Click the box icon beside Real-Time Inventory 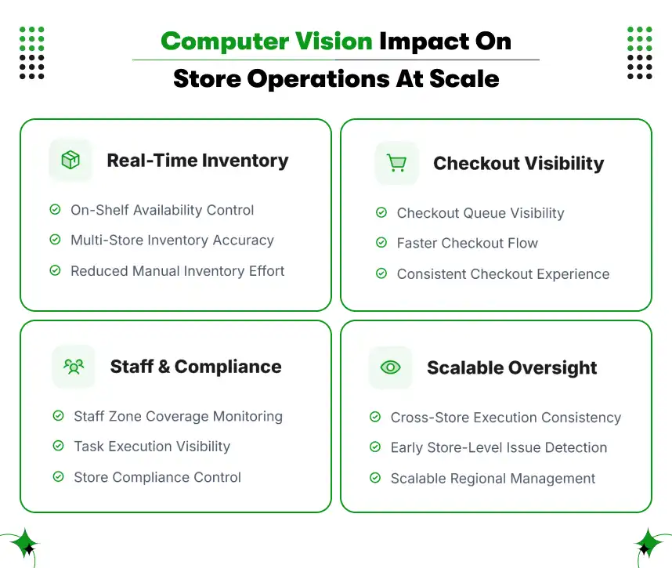(70, 160)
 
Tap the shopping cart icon (396, 163)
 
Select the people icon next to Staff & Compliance (74, 366)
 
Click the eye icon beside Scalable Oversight (390, 367)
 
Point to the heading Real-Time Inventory (197, 161)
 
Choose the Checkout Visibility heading (518, 164)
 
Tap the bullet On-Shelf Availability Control (162, 210)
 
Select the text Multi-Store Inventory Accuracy (172, 241)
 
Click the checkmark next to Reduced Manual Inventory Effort (55, 271)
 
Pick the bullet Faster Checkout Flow (467, 244)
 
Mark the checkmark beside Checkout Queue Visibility (381, 213)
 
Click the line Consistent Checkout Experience (503, 274)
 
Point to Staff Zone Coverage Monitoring (178, 416)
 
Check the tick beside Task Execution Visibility (58, 447)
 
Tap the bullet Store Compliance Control (157, 477)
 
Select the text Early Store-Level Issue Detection (498, 448)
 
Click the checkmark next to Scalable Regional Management (375, 479)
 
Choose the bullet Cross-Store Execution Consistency (505, 418)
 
